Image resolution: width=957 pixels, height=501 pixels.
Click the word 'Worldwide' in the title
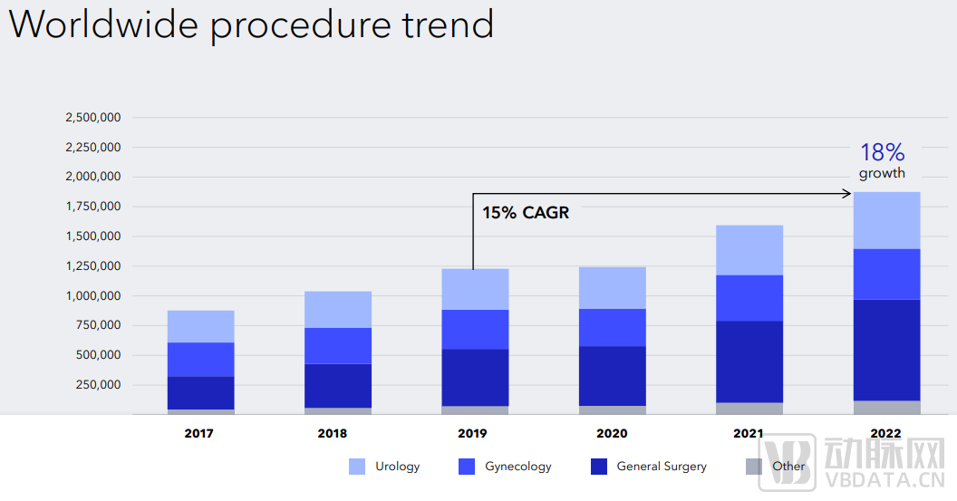tap(102, 24)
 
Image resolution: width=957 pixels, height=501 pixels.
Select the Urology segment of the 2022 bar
tap(886, 220)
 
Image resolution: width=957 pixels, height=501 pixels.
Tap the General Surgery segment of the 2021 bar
tap(749, 361)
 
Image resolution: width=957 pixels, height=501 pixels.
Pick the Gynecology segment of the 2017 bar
tap(200, 360)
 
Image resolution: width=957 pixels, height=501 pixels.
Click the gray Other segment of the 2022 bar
tap(886, 408)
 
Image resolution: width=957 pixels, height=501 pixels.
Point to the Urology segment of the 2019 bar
tap(475, 289)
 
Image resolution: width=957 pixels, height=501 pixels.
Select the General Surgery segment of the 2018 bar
tap(338, 386)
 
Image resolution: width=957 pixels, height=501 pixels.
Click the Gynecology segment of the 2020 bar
tap(612, 328)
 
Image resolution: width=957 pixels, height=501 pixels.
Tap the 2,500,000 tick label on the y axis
tap(92, 118)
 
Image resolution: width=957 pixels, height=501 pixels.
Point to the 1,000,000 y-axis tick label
tap(92, 296)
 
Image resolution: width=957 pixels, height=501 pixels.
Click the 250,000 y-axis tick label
tap(99, 385)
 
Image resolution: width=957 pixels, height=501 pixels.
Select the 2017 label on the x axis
tap(198, 434)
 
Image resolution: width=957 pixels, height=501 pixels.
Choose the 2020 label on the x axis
tap(612, 434)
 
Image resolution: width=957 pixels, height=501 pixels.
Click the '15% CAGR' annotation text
tap(526, 214)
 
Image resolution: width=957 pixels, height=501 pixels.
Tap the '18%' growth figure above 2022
tap(882, 152)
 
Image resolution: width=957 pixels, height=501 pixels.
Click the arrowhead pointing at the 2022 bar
tap(846, 193)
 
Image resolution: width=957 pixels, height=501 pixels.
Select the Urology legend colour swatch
tap(357, 467)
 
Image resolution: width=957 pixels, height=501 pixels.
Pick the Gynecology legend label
tap(517, 467)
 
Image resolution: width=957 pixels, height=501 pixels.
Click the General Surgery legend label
tap(661, 467)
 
